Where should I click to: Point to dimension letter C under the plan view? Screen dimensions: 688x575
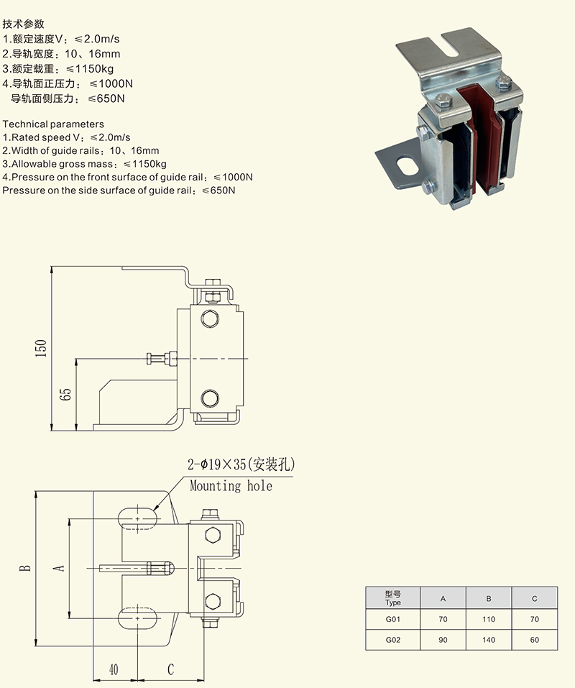coord(170,669)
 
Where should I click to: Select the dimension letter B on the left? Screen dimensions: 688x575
coord(26,567)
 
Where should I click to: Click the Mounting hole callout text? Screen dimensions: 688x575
coord(231,486)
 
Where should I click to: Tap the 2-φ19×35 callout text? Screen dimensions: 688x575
coord(241,465)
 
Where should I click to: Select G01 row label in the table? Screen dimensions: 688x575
coord(392,619)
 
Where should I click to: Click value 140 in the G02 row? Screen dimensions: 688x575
coord(489,640)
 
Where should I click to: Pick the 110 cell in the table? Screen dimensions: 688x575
coord(489,619)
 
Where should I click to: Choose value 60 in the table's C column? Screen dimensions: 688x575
coord(534,640)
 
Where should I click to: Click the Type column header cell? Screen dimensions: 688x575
coord(392,598)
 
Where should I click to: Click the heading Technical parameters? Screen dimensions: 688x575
coord(53,124)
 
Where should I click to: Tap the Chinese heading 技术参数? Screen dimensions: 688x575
coord(24,24)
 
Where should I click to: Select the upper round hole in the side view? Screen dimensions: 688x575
coord(210,318)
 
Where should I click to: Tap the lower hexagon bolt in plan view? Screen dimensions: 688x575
coord(213,600)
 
